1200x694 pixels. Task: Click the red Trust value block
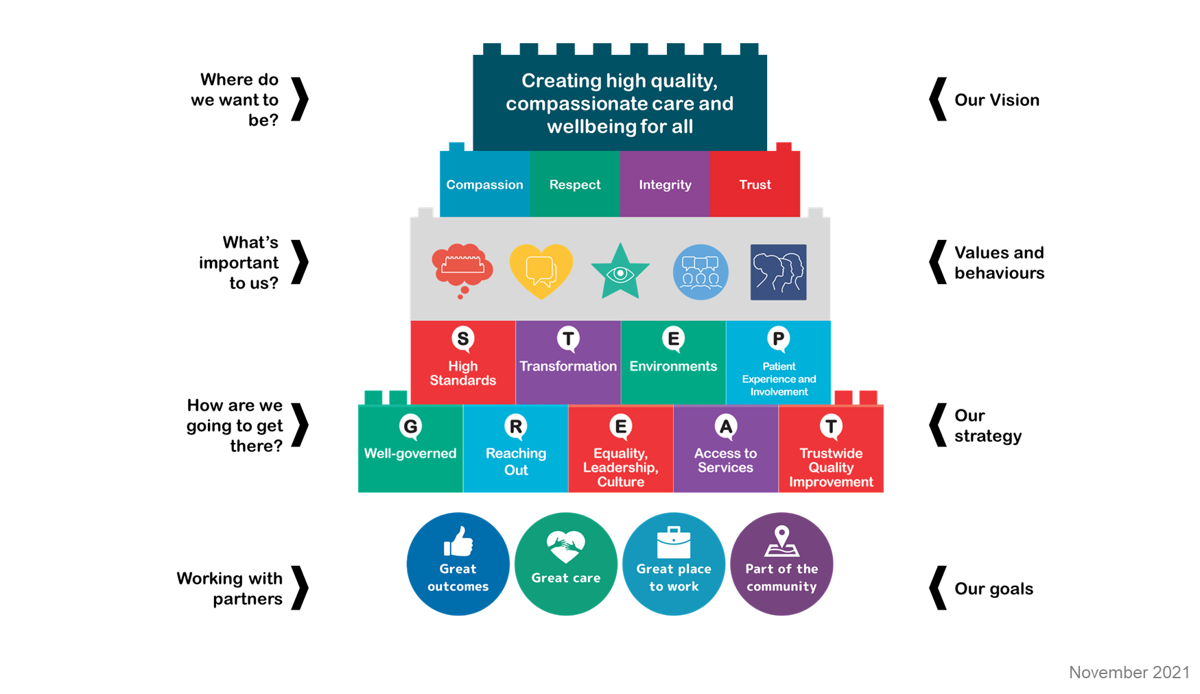[x=755, y=184]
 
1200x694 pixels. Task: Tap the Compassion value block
[x=484, y=184]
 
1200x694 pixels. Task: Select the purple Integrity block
[x=665, y=184]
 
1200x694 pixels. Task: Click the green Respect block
[x=575, y=184]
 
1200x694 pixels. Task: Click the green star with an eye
[x=620, y=272]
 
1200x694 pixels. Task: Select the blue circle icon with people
[x=700, y=272]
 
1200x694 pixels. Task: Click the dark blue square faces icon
[x=778, y=272]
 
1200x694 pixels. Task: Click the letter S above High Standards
[x=463, y=338]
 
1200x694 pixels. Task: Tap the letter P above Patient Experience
[x=778, y=338]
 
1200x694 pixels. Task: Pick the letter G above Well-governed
[x=410, y=426]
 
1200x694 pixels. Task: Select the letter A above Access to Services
[x=725, y=426]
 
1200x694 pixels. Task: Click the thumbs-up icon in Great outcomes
[x=458, y=542]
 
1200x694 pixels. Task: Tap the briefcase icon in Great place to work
[x=674, y=543]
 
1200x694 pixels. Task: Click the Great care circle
[x=566, y=564]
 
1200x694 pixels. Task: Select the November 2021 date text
[x=1129, y=672]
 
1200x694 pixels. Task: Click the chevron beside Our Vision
[x=937, y=99]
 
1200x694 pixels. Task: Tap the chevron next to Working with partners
[x=300, y=588]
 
